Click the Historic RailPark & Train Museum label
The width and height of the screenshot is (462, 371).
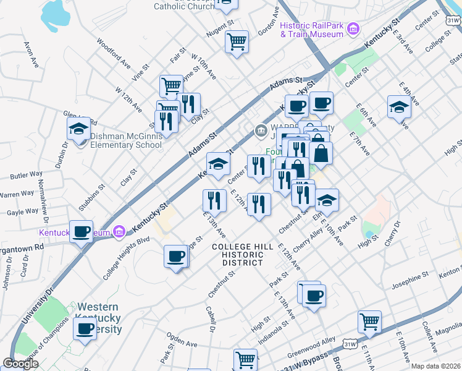click(311, 30)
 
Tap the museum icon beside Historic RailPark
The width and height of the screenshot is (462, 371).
click(353, 28)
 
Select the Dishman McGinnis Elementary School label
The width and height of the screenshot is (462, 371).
click(126, 141)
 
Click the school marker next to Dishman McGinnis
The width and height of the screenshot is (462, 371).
click(78, 130)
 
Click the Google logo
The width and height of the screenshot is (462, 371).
click(20, 364)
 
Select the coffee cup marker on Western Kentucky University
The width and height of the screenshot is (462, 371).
click(85, 328)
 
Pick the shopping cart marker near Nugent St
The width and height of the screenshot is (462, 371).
click(237, 42)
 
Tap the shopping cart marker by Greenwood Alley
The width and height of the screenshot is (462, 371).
click(369, 322)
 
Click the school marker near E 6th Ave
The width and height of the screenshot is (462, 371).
click(399, 107)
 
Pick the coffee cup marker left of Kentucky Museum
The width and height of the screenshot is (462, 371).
click(81, 232)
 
